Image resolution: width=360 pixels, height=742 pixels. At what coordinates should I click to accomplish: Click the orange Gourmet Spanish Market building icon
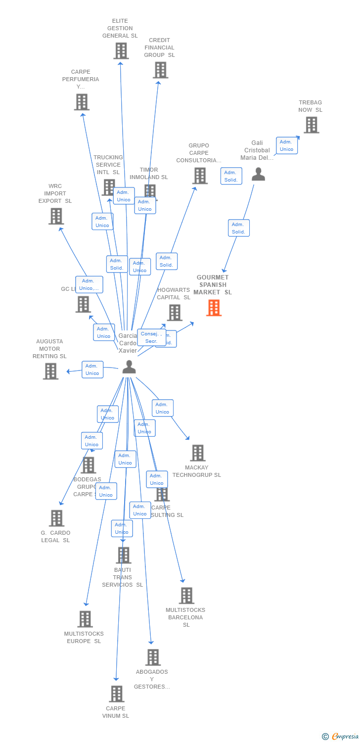tap(214, 308)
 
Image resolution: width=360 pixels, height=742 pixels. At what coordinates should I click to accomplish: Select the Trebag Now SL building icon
tap(311, 125)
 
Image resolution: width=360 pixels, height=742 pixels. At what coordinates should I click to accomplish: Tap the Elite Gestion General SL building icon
tap(121, 51)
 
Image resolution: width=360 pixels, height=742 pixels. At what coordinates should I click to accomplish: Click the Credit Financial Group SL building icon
tap(160, 70)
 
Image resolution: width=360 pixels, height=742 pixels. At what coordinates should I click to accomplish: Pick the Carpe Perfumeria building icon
tap(82, 102)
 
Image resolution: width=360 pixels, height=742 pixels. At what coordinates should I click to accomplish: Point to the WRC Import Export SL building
tap(56, 216)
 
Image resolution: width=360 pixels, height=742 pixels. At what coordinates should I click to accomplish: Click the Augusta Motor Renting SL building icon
tap(50, 371)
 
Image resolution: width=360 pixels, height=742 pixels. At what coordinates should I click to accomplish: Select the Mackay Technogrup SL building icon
tap(197, 453)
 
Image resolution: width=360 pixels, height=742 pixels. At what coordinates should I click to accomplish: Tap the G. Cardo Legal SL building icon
tap(56, 518)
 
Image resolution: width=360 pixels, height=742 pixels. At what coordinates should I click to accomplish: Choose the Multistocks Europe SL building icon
tap(85, 619)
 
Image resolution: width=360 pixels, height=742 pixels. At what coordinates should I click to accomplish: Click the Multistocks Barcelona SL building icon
tap(186, 596)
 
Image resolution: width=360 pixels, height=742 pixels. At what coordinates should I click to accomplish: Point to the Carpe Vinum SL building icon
tap(116, 694)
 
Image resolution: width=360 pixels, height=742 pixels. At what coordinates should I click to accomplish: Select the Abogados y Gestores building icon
tap(153, 657)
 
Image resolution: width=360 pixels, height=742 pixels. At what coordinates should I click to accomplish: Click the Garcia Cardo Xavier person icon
tap(129, 367)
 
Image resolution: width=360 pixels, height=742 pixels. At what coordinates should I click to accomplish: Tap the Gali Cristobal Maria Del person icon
tap(258, 174)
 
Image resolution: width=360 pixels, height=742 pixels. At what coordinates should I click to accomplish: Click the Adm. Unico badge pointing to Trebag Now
tap(286, 145)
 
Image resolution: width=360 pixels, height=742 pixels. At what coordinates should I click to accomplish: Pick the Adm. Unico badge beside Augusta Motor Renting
tap(92, 370)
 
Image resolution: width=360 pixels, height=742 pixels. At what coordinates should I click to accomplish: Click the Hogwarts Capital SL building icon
tap(174, 313)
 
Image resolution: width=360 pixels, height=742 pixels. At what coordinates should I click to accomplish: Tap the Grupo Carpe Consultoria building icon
tap(200, 176)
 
